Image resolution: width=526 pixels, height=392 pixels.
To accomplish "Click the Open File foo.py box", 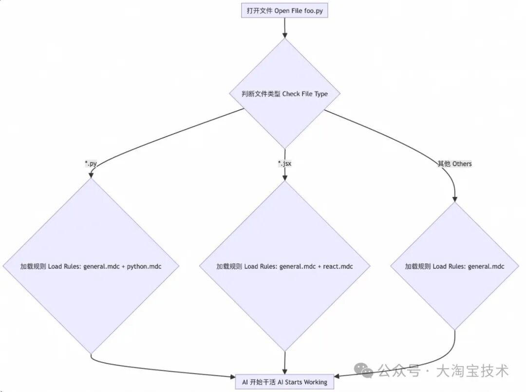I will [285, 11].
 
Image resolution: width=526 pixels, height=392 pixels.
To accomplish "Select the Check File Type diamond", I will [285, 94].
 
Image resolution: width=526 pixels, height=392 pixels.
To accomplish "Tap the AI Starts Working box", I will [285, 382].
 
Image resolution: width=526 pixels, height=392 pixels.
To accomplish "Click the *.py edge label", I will [91, 163].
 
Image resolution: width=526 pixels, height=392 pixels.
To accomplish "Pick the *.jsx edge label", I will [284, 163].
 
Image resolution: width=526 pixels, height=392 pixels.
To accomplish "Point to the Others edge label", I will [455, 163].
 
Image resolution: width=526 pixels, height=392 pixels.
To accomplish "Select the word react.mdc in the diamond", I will [338, 266].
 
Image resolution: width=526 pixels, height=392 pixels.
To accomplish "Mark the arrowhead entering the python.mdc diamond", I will [91, 175].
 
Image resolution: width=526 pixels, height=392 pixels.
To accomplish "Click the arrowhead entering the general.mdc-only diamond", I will [455, 198].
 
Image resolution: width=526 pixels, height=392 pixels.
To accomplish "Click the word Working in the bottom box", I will [316, 382].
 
